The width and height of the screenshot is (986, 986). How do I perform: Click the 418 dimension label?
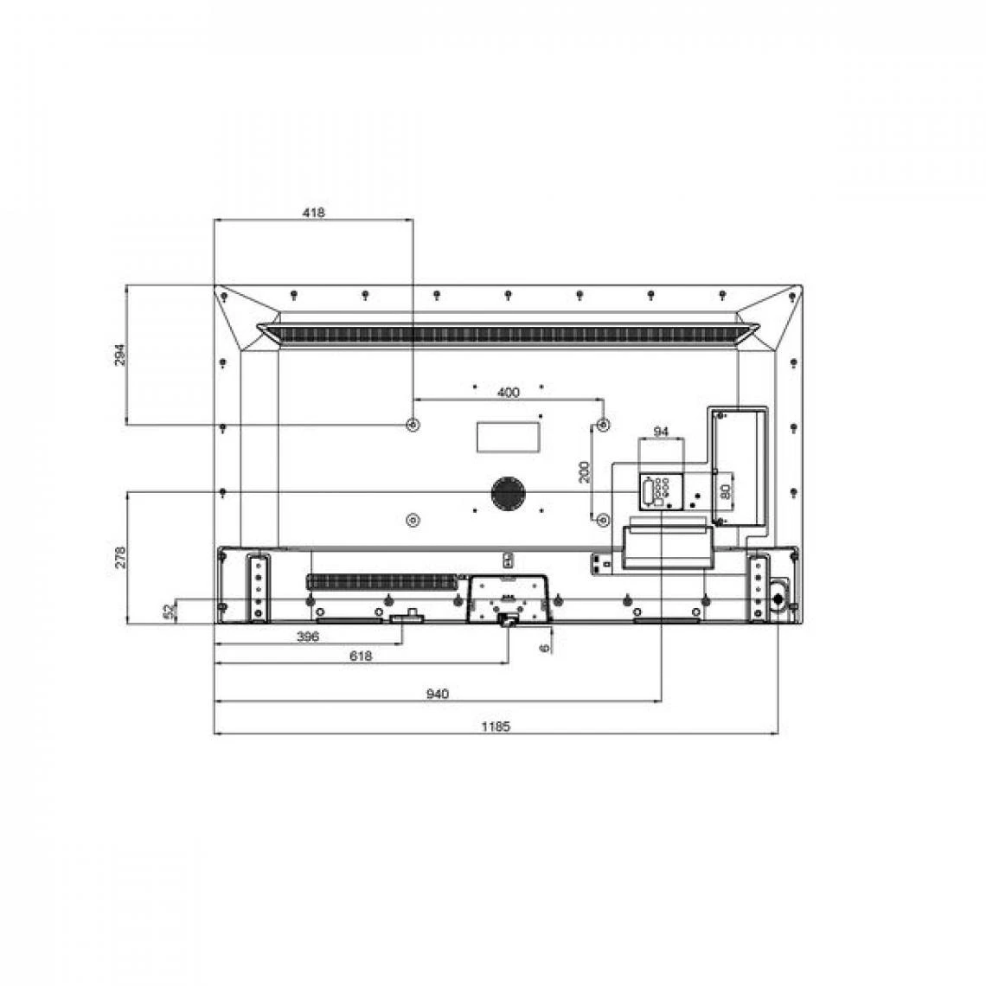(x=314, y=213)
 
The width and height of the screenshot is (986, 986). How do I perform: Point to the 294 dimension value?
(x=120, y=355)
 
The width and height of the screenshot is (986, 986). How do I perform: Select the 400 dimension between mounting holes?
(x=508, y=393)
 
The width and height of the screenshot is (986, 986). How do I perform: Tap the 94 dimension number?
(x=661, y=432)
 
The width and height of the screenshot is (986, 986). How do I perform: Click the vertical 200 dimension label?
(x=585, y=471)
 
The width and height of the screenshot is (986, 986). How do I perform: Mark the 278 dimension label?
(x=120, y=558)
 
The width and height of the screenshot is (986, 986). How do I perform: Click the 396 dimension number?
(x=308, y=637)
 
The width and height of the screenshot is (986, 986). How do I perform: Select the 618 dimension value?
(x=361, y=656)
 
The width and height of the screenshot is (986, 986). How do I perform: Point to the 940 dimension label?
(x=438, y=694)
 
